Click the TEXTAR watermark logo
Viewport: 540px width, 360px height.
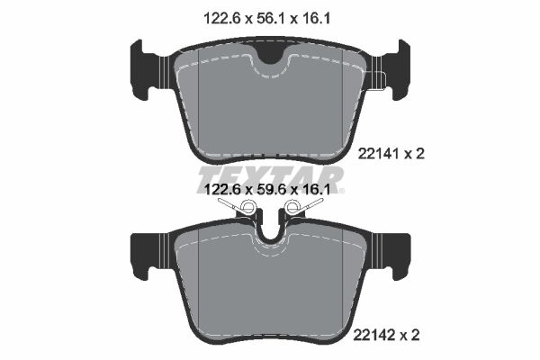point(270,175)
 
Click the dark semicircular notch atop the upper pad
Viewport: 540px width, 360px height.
point(270,54)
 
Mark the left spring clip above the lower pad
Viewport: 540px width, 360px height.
point(239,209)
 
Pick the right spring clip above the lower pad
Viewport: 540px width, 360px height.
point(301,209)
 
